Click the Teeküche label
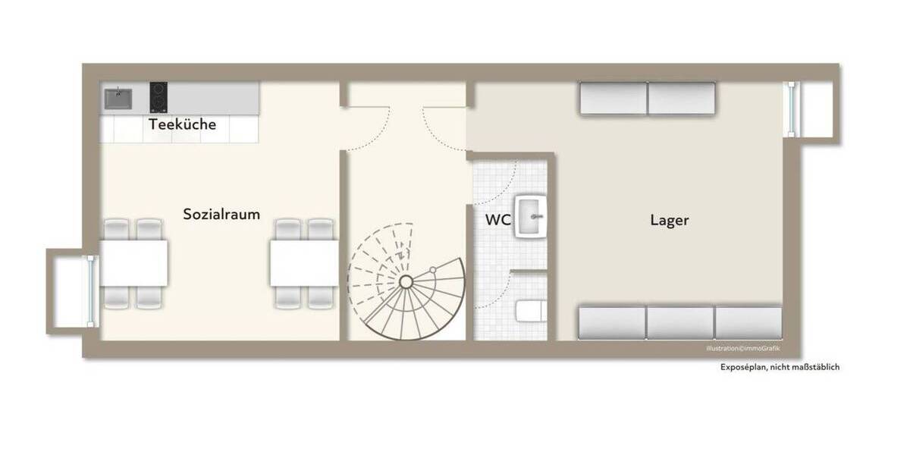click(x=182, y=124)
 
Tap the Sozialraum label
click(x=221, y=215)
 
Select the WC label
click(x=498, y=221)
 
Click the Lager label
click(x=670, y=221)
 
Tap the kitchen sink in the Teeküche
click(x=118, y=98)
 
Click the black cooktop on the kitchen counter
click(x=158, y=96)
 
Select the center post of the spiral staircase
click(x=406, y=281)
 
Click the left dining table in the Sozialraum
click(x=133, y=263)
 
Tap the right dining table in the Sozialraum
click(x=303, y=263)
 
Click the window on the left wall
click(x=92, y=290)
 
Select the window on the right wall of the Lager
click(x=792, y=108)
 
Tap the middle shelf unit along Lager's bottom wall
click(x=680, y=322)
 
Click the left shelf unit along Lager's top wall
click(x=613, y=99)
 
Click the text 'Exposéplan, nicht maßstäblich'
click(x=780, y=367)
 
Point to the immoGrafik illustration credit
click(x=742, y=348)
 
